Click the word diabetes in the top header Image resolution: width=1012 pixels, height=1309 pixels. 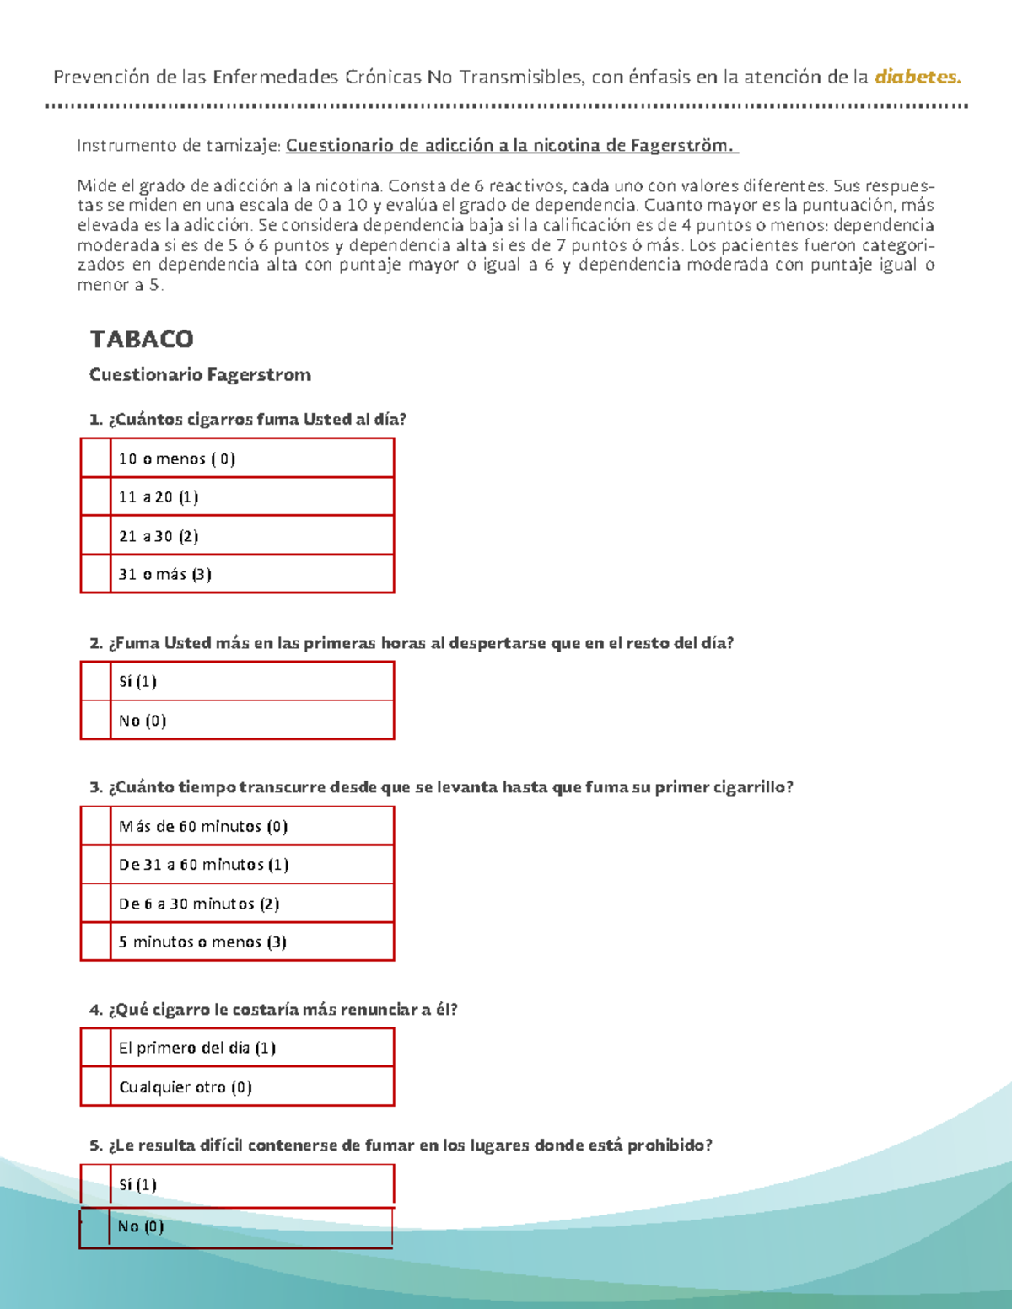[918, 78]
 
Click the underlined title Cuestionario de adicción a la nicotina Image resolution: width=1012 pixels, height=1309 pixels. [511, 145]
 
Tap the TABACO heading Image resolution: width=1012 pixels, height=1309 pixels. [142, 339]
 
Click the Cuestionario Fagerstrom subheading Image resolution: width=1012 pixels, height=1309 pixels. [200, 375]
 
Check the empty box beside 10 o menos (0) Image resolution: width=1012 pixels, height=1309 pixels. [95, 459]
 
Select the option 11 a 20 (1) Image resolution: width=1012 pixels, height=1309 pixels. [159, 497]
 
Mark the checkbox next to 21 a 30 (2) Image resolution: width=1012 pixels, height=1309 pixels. [95, 536]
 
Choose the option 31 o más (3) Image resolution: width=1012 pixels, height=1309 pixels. [165, 575]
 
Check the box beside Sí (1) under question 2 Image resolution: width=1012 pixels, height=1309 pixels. [95, 681]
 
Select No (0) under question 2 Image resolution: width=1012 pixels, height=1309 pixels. [143, 721]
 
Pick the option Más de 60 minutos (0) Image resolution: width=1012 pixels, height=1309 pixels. [203, 827]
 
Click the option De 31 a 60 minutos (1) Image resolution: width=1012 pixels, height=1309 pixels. [204, 865]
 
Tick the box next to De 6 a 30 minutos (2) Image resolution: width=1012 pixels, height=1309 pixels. [95, 904]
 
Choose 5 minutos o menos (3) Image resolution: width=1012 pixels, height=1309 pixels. [202, 942]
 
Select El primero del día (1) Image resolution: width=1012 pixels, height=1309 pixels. [197, 1049]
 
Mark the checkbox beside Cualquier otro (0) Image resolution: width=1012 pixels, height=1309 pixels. [95, 1087]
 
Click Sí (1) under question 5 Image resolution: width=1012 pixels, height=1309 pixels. [137, 1185]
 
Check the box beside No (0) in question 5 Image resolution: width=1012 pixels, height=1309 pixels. [94, 1226]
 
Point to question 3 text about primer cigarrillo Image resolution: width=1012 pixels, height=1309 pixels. [441, 787]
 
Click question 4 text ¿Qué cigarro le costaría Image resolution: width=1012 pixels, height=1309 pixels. [273, 1010]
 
